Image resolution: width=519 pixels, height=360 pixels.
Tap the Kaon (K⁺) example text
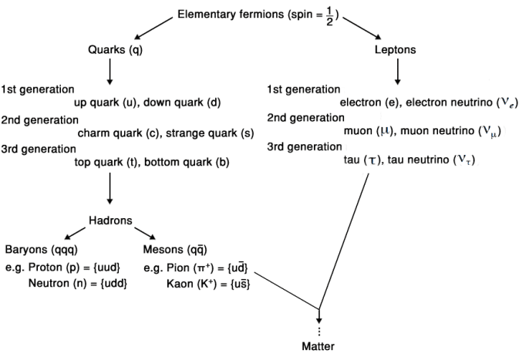click(208, 283)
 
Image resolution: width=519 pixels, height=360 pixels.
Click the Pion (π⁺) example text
click(197, 267)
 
